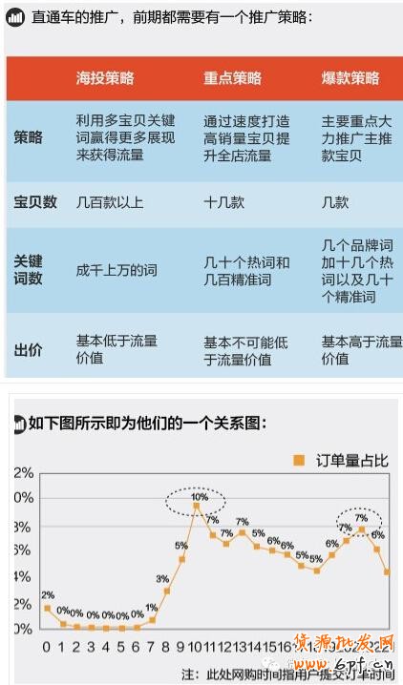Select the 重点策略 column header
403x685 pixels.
[x=232, y=78]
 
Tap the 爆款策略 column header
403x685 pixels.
[x=350, y=78]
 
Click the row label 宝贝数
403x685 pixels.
[x=35, y=202]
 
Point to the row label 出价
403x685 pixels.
[x=29, y=350]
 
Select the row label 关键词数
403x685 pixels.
[x=29, y=270]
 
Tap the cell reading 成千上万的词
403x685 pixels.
[x=117, y=270]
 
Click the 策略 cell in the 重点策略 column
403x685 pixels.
[x=246, y=138]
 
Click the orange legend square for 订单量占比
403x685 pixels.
[x=298, y=460]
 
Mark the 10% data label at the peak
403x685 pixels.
[x=199, y=497]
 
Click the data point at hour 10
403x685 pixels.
[x=197, y=507]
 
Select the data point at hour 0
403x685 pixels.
[x=47, y=608]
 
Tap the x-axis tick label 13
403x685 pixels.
[x=243, y=646]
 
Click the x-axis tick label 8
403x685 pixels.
[x=166, y=646]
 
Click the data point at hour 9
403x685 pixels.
[x=181, y=559]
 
